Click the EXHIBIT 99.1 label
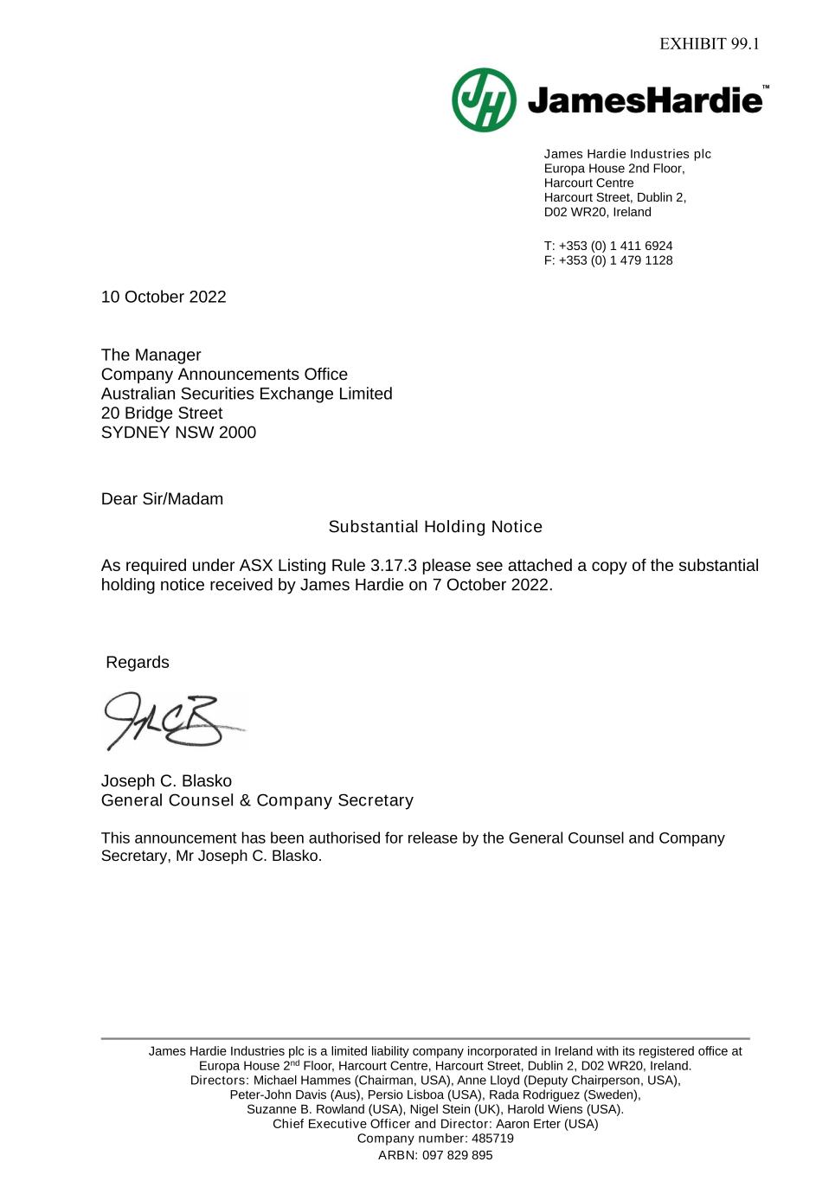[x=709, y=44]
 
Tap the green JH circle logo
[x=484, y=100]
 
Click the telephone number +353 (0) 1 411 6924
[x=615, y=246]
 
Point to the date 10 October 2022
[x=164, y=297]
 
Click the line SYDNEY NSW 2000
[x=178, y=433]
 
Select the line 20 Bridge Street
[x=162, y=414]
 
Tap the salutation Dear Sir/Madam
[x=162, y=499]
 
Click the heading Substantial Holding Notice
[x=435, y=527]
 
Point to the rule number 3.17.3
[x=394, y=566]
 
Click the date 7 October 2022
[x=491, y=585]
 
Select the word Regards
[x=138, y=663]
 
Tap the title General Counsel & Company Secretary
[x=257, y=800]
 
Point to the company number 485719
[x=492, y=1139]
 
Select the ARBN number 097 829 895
[x=458, y=1155]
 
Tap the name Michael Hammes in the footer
[x=296, y=1081]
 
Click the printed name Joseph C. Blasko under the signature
[x=166, y=781]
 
